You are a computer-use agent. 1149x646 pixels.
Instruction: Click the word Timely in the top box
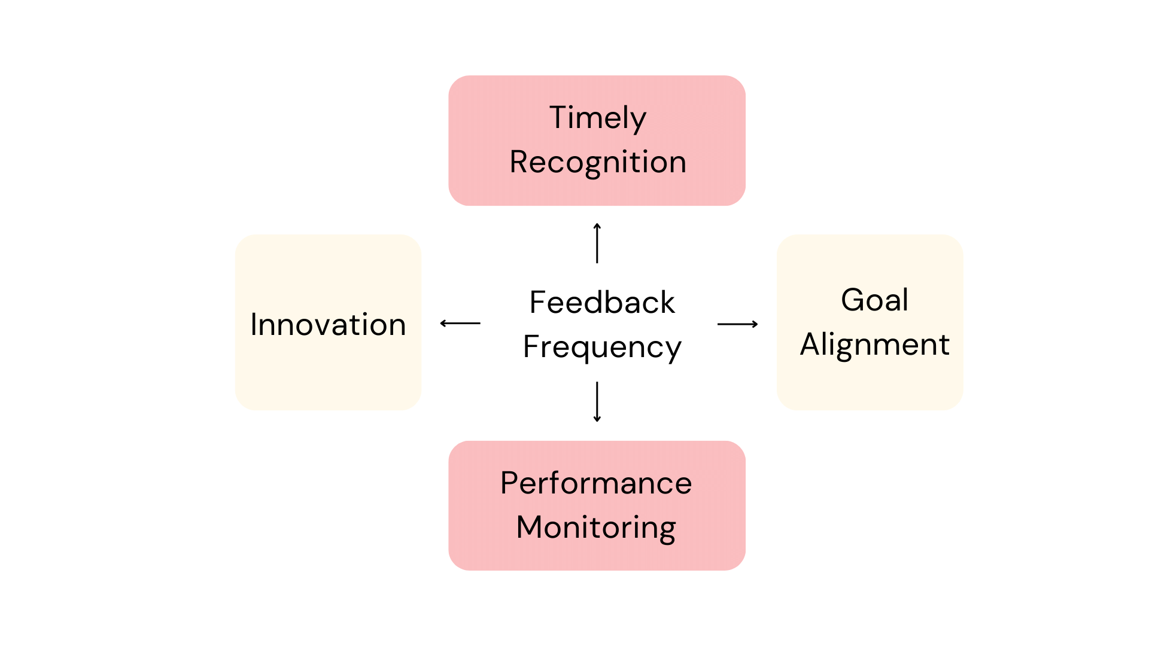pyautogui.click(x=597, y=118)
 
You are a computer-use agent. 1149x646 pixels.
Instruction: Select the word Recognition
pyautogui.click(x=597, y=162)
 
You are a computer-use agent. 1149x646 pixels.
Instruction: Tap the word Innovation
pyautogui.click(x=328, y=325)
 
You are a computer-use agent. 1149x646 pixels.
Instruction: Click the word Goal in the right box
pyautogui.click(x=874, y=300)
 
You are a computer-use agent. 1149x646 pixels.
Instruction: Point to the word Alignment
pyautogui.click(x=874, y=345)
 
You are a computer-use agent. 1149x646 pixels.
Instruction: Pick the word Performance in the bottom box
pyautogui.click(x=596, y=483)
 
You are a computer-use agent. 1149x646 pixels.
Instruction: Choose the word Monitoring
pyautogui.click(x=596, y=528)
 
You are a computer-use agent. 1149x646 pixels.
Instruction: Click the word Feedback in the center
pyautogui.click(x=602, y=302)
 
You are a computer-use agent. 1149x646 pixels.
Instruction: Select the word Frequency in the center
pyautogui.click(x=602, y=347)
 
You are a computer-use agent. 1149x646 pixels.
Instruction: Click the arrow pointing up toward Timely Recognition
pyautogui.click(x=597, y=243)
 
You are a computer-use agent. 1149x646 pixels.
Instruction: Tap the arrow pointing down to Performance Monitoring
pyautogui.click(x=597, y=402)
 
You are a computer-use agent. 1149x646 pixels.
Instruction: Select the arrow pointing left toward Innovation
pyautogui.click(x=460, y=323)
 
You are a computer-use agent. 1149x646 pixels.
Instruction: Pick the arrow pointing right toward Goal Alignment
pyautogui.click(x=737, y=324)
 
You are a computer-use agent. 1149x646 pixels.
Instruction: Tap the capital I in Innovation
pyautogui.click(x=254, y=325)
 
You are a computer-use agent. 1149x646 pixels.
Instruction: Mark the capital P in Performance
pyautogui.click(x=509, y=483)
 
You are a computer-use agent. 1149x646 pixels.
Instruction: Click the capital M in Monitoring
pyautogui.click(x=529, y=528)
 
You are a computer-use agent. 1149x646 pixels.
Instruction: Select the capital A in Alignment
pyautogui.click(x=811, y=345)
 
